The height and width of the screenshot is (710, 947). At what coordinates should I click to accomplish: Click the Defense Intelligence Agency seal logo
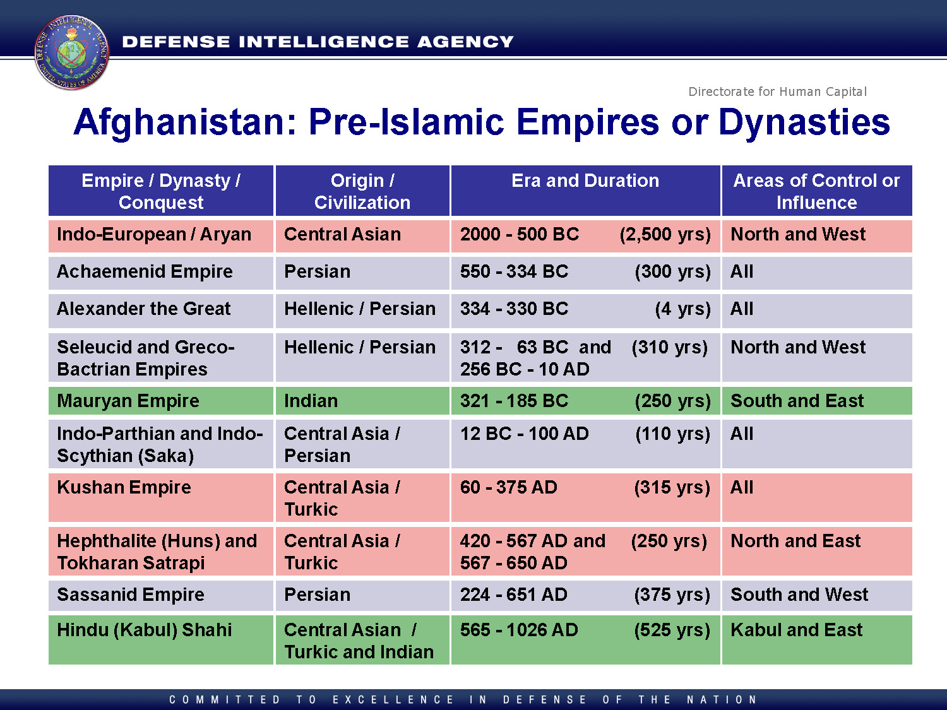click(71, 52)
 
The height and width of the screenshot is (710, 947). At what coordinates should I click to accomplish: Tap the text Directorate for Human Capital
click(777, 92)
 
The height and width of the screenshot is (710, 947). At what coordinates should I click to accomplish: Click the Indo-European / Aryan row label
click(154, 235)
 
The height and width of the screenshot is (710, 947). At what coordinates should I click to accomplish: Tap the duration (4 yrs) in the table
click(682, 309)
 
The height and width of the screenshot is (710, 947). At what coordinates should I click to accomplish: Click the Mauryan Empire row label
click(128, 401)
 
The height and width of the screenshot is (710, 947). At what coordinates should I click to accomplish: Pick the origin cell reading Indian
click(311, 401)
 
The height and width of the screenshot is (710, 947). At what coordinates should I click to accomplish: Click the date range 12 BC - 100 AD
click(524, 434)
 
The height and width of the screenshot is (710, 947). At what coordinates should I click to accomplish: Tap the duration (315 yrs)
click(672, 488)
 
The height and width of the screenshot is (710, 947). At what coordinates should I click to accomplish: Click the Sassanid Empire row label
click(130, 595)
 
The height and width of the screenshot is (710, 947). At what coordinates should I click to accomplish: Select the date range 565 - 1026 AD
click(518, 630)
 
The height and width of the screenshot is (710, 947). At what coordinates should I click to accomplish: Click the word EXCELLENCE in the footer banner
click(393, 700)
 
